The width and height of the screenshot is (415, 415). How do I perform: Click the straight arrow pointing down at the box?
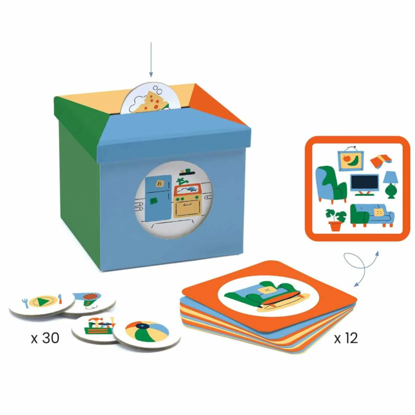coord(151,59)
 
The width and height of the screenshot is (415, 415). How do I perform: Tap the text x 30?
coord(45,339)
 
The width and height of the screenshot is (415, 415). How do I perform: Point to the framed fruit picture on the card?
coord(350,159)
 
